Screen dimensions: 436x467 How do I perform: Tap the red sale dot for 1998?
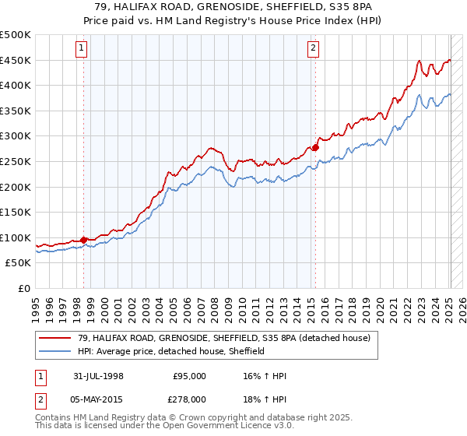[x=84, y=240]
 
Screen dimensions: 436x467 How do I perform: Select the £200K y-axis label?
[x=16, y=187]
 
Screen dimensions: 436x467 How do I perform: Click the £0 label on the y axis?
[x=24, y=288]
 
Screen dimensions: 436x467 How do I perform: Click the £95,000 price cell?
[x=190, y=375]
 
